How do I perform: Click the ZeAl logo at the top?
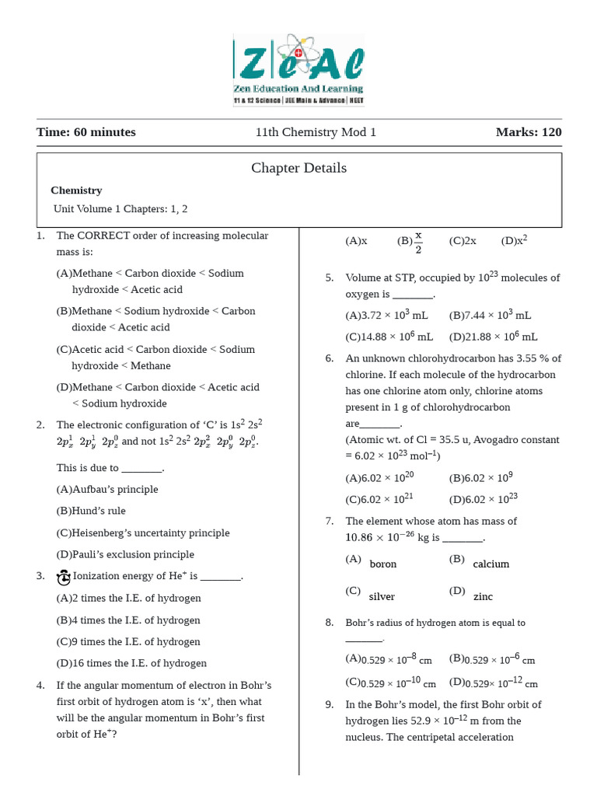pos(298,70)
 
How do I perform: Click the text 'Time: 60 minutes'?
pos(86,132)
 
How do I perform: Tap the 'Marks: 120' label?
pos(529,132)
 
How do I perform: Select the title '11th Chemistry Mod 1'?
pos(316,132)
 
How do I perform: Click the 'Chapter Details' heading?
pos(298,168)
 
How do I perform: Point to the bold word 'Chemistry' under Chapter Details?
pos(76,190)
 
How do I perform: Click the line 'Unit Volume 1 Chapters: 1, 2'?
pos(120,209)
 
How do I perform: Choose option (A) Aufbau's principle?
pos(107,490)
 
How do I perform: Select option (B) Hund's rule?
pos(91,511)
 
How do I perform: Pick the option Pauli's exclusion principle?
pos(125,555)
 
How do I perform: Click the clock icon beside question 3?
pos(64,577)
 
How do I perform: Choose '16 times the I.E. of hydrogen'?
pos(131,664)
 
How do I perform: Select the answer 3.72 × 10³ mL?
pos(387,316)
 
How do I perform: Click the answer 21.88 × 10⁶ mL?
pos(494,337)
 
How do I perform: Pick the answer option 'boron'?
pos(382,564)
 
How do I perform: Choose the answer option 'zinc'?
pos(483,597)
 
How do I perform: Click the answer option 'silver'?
pos(382,597)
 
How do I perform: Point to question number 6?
pos(330,358)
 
